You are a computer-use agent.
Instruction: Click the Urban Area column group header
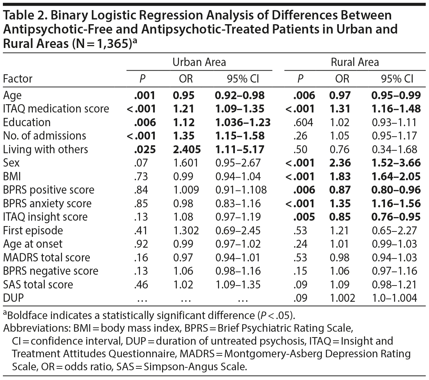point(199,62)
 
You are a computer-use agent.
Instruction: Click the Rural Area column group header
point(355,62)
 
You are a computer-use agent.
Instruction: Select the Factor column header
point(18,79)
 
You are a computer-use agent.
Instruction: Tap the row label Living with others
point(45,149)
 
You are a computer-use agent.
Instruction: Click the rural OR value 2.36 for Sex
point(340,163)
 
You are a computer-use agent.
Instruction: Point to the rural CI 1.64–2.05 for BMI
point(396,176)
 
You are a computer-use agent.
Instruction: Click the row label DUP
point(13,298)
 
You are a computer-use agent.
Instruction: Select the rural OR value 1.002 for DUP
point(342,298)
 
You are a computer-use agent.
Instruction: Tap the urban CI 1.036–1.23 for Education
point(242,122)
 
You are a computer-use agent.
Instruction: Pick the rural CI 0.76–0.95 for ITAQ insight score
point(396,217)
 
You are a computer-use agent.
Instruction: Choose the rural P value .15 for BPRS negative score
point(301,271)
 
